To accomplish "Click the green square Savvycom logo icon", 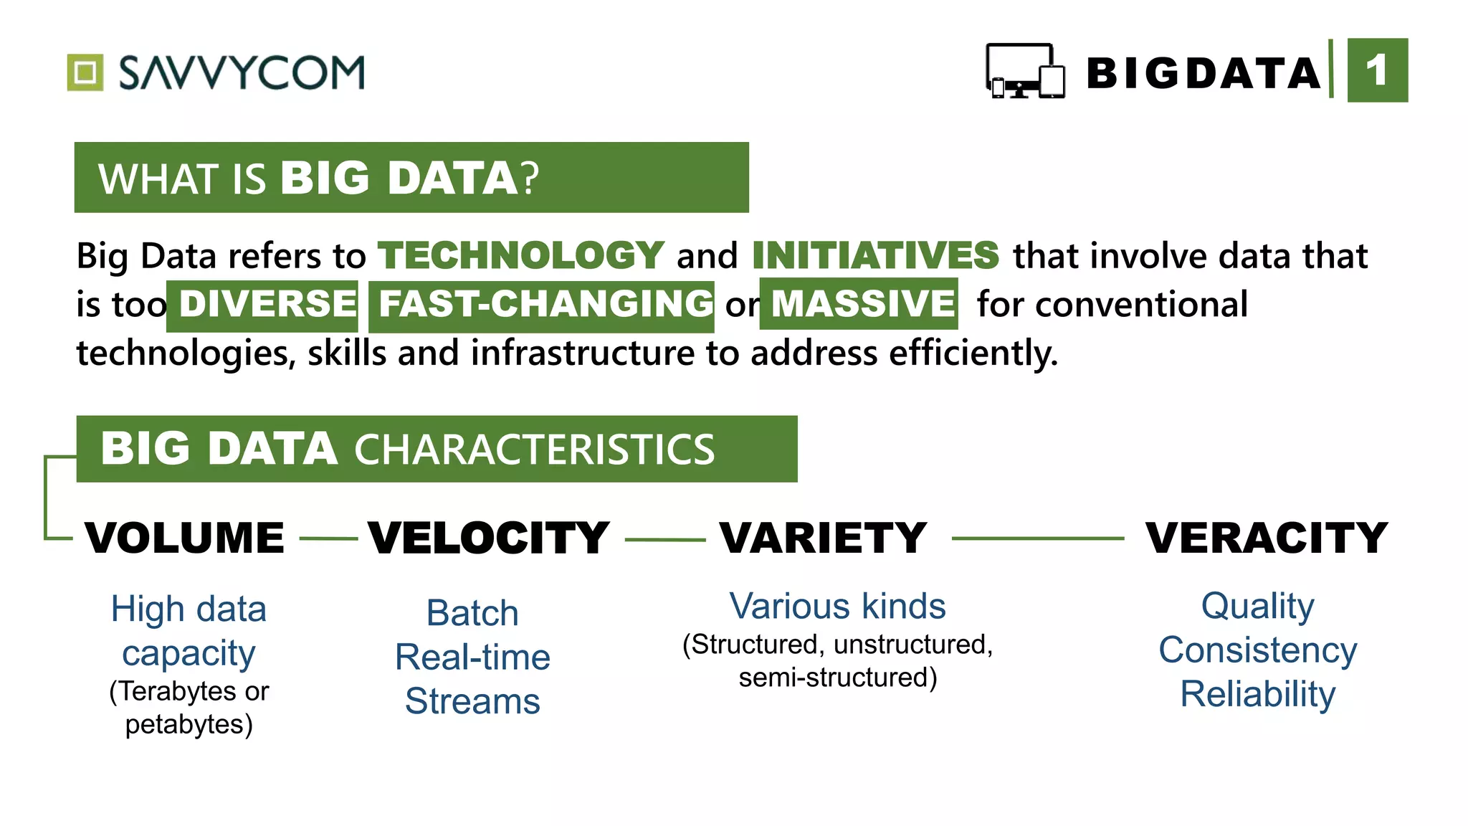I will point(85,72).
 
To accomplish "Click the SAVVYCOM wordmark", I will point(242,72).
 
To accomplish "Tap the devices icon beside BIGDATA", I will point(1025,71).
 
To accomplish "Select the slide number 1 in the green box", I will point(1377,70).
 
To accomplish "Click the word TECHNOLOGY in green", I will point(521,255).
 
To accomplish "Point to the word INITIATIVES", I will point(875,255).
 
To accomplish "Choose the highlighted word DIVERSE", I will point(267,304).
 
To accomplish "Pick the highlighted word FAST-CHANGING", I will point(545,304).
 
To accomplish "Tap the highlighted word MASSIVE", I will point(862,304).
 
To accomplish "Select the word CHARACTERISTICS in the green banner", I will point(535,450).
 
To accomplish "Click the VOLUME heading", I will point(184,538).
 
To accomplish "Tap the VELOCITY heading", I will point(489,538).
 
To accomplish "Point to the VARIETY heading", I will point(824,538).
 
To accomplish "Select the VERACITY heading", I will point(1267,538).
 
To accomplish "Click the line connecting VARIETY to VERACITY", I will point(1037,538).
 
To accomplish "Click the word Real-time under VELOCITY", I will point(472,658).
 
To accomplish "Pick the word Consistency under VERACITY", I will point(1258,650).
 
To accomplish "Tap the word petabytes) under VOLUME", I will point(189,724).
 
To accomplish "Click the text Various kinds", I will point(837,607).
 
